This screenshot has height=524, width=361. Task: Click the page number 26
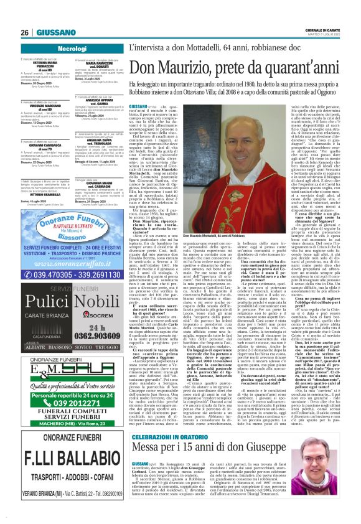pyautogui.click(x=25, y=14)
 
